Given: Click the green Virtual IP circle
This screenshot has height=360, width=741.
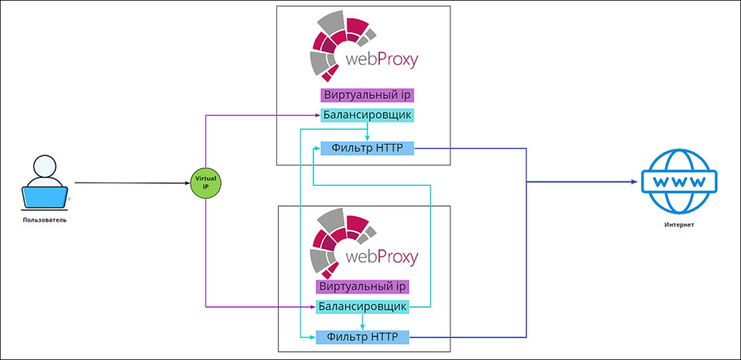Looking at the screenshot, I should click(x=206, y=183).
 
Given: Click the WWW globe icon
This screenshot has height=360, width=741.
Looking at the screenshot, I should click(x=679, y=182).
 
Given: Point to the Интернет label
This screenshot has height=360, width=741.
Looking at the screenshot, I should click(x=679, y=225).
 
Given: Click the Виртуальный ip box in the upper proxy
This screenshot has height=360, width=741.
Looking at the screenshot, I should click(x=368, y=95).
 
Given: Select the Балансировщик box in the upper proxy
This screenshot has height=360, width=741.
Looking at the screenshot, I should click(x=368, y=116).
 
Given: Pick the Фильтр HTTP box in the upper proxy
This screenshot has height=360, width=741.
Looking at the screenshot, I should click(x=367, y=147).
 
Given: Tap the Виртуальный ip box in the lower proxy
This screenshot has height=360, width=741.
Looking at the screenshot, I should click(x=363, y=286).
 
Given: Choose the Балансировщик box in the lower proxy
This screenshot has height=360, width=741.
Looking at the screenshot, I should click(x=363, y=306).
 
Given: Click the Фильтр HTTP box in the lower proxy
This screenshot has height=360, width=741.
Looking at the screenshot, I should click(x=363, y=338).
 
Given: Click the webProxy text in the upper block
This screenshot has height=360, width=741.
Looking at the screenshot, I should click(x=382, y=59).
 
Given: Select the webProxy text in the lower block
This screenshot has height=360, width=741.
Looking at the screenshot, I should click(x=382, y=258).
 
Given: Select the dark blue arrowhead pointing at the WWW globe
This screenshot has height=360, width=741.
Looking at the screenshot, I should click(x=634, y=182).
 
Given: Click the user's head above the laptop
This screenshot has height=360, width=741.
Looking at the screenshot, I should click(x=45, y=167).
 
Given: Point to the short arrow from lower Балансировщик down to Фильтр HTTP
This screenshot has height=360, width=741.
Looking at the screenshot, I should click(x=363, y=322).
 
